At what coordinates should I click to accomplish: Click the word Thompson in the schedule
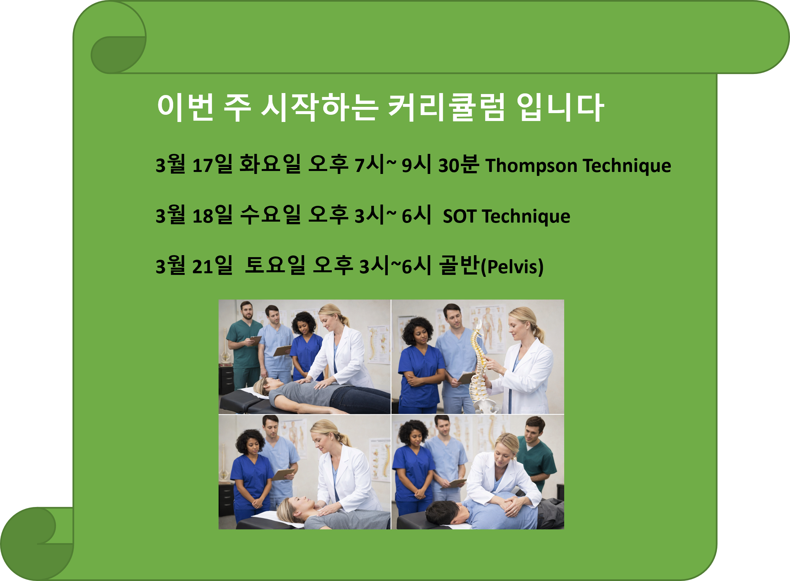coord(531,165)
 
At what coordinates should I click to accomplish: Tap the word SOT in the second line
coord(460,216)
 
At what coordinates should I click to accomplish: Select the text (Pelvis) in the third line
coord(512,267)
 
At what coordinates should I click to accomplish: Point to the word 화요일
coord(270,164)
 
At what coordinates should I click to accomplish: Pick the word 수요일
coord(270,215)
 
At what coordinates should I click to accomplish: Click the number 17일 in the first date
coord(212,164)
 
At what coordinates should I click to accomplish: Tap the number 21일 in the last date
coord(212,266)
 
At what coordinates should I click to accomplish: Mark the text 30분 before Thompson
coord(458,164)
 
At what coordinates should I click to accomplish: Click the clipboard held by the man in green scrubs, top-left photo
coord(254,340)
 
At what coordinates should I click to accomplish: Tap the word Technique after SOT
coord(526,216)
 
